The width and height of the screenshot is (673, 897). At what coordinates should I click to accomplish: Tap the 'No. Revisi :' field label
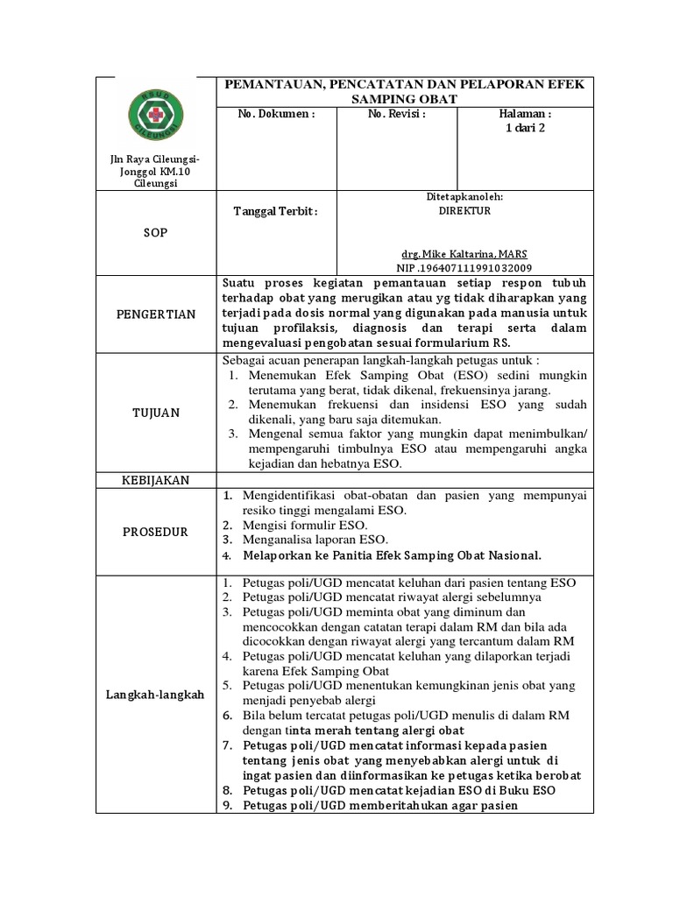click(396, 114)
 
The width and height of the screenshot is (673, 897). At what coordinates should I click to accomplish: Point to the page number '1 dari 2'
click(525, 129)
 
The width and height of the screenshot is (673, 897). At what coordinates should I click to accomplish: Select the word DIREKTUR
click(464, 211)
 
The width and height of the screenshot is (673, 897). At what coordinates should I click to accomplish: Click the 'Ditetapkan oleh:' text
click(464, 198)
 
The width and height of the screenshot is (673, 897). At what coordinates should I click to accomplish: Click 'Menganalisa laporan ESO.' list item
click(315, 540)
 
